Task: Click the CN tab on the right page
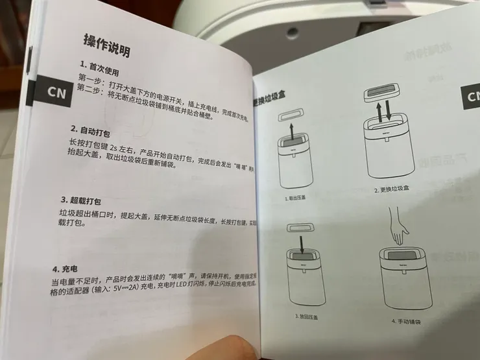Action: coord(471,97)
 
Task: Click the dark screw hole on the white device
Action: coord(293,32)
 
